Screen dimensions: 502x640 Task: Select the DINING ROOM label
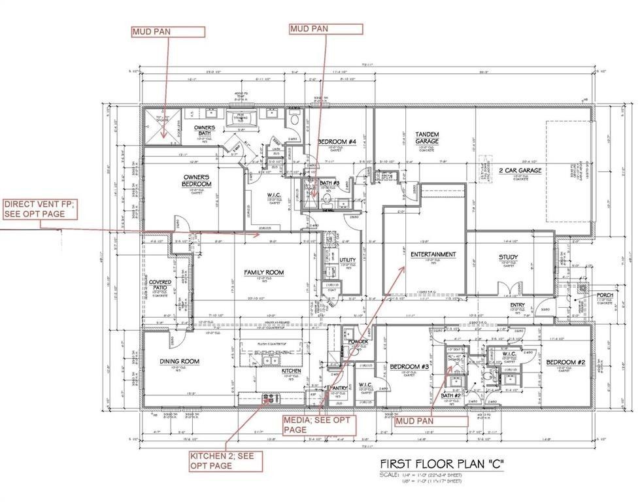(179, 361)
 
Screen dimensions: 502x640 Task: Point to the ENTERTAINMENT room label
(433, 254)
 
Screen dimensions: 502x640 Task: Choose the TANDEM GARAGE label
(427, 138)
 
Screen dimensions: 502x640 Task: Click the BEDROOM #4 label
(337, 142)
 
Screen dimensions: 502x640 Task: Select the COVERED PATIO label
(160, 286)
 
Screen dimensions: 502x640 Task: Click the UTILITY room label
(348, 260)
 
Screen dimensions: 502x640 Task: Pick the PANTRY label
(337, 388)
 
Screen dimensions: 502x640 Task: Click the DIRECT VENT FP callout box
(38, 209)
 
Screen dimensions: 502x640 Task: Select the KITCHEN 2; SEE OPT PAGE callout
(226, 460)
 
